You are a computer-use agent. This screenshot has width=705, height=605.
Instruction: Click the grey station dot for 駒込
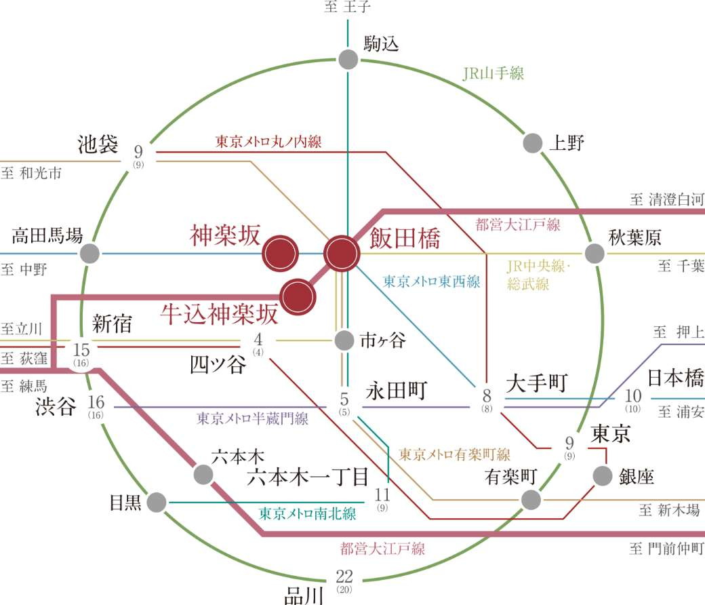[x=347, y=59]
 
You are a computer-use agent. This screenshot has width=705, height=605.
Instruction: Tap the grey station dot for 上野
[x=533, y=143]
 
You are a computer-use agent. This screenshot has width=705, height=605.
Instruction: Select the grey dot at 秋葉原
[x=595, y=253]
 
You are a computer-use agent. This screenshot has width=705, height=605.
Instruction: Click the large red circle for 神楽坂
[x=281, y=254]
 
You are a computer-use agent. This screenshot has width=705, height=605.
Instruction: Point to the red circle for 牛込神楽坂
[x=299, y=296]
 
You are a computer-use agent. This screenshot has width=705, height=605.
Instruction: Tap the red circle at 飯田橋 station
[x=342, y=254]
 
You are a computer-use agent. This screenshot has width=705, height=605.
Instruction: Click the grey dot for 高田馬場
[x=89, y=254]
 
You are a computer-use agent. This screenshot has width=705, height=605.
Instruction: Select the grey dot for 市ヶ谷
[x=345, y=340]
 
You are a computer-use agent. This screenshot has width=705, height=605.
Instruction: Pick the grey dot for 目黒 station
[x=156, y=503]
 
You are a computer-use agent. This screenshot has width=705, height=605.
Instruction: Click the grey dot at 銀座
[x=602, y=476]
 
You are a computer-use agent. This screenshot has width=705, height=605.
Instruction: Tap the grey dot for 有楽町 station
[x=531, y=500]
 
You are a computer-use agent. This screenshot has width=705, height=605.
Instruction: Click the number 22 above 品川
[x=344, y=577]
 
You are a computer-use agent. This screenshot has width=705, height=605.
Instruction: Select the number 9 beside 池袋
[x=138, y=151]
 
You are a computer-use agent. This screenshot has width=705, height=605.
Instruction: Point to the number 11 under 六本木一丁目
[x=382, y=494]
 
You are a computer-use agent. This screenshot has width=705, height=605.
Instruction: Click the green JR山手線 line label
[x=493, y=74]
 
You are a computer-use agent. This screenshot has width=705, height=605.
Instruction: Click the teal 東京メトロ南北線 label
[x=307, y=513]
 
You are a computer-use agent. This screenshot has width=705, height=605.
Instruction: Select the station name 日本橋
[x=675, y=378]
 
